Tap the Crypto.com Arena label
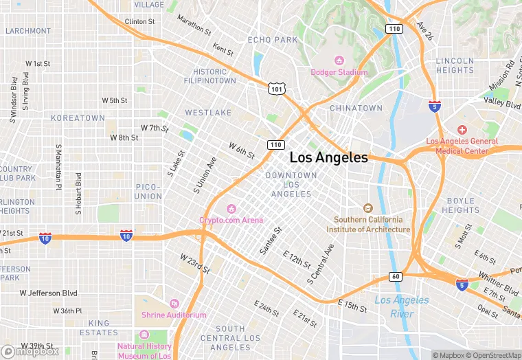(231, 220)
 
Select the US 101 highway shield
(276, 89)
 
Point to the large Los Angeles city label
(328, 157)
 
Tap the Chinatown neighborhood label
(356, 109)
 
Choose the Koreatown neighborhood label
(78, 118)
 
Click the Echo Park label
(273, 41)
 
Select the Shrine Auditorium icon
(174, 304)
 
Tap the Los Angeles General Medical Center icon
(462, 130)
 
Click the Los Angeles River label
(402, 306)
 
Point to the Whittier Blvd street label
(499, 282)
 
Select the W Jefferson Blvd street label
(48, 293)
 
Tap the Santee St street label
(271, 241)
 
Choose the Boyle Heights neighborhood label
(460, 205)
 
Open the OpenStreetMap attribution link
(493, 355)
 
